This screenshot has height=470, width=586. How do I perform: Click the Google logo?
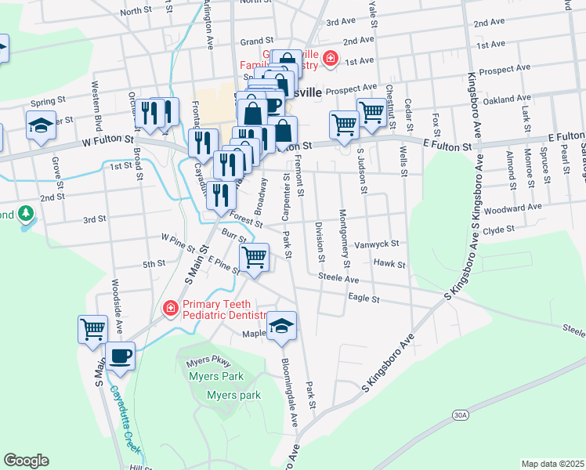[x=26, y=461]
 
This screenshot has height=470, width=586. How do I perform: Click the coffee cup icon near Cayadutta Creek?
[x=120, y=356]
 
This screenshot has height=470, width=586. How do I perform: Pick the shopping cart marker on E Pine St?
[x=254, y=257]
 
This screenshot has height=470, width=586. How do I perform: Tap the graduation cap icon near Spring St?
[x=40, y=125]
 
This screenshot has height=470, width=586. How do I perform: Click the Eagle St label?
[x=364, y=298]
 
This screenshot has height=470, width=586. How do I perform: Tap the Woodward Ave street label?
[x=513, y=208]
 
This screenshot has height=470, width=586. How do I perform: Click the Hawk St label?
[x=389, y=264]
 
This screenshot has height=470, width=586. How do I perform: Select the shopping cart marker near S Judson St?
[x=344, y=124]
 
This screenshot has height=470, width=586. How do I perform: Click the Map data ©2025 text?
[x=552, y=464]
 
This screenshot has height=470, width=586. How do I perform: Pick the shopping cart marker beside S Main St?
[x=92, y=328]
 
